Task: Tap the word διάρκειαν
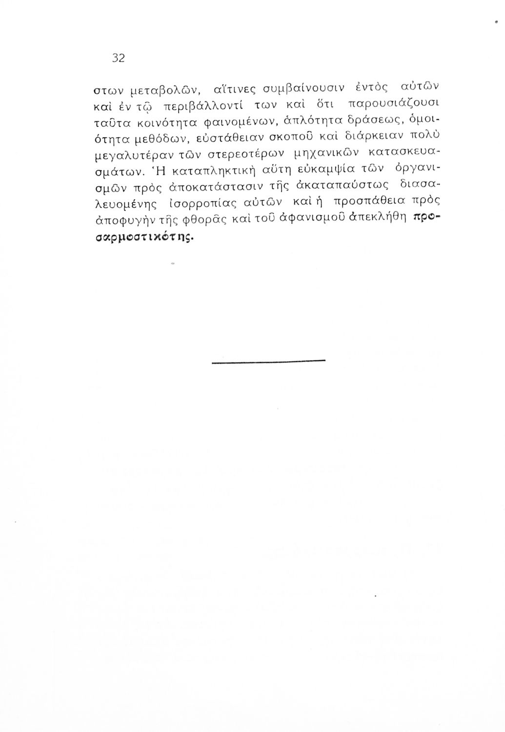(364, 136)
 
